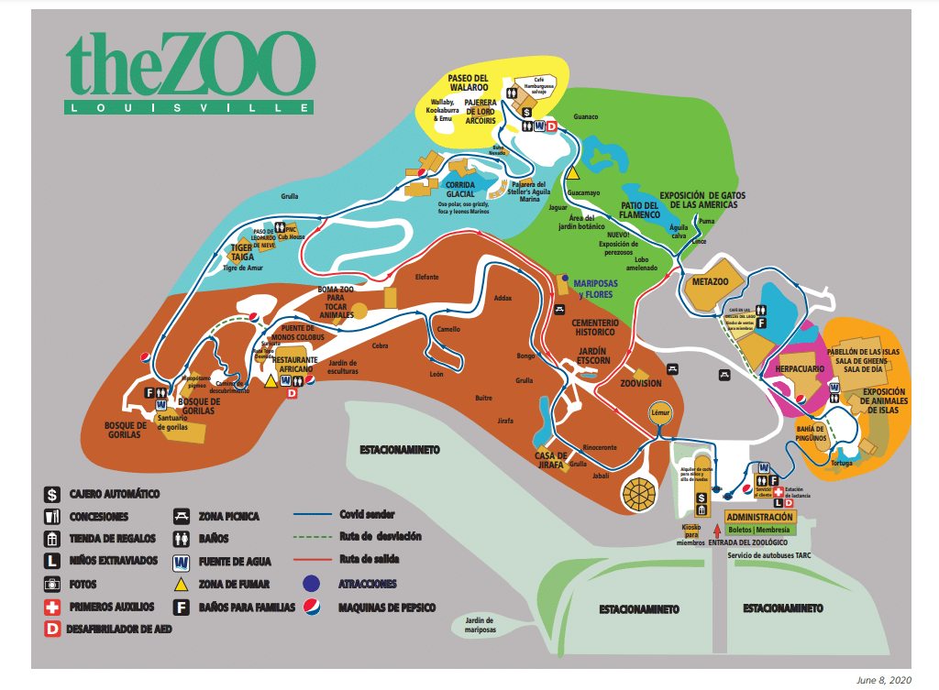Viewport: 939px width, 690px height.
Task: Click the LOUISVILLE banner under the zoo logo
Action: [191, 107]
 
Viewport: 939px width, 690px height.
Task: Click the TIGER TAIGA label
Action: [242, 252]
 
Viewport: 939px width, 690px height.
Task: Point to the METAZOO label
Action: [711, 281]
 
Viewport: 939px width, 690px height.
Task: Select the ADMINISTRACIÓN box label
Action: [758, 517]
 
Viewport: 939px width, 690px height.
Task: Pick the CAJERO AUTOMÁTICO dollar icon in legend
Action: [52, 494]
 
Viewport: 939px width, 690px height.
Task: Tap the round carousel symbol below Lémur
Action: [641, 492]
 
